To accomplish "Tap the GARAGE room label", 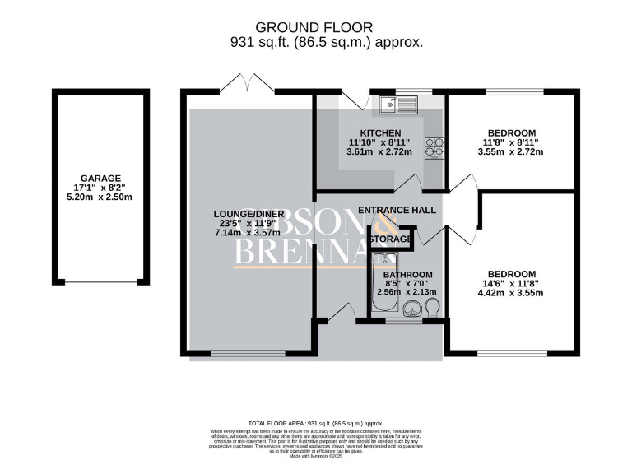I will coord(101,178).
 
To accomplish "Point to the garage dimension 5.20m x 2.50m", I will coord(101,197).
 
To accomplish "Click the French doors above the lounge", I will coord(249,86).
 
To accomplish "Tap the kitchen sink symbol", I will coord(399,105).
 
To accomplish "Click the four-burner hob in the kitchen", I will coord(434,147).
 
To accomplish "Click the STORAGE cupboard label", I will coord(390,239).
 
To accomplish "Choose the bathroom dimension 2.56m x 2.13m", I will coord(407,292).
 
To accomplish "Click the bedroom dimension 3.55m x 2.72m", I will coord(511,152).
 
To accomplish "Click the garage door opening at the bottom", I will coord(101,283).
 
